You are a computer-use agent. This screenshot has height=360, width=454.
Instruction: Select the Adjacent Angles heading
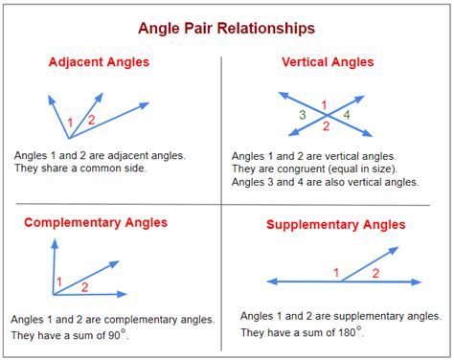[x=100, y=62]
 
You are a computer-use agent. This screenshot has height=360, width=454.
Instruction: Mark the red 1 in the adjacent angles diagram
[x=68, y=122]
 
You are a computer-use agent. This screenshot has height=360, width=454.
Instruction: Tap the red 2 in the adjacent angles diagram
[x=91, y=120]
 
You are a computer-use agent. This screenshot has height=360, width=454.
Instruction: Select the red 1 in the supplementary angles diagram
[x=336, y=273]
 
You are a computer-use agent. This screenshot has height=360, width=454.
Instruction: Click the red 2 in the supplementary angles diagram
[x=375, y=273]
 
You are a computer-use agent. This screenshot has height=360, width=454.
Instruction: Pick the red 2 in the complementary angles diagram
[x=84, y=286]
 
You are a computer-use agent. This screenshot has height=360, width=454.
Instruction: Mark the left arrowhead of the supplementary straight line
[x=269, y=282]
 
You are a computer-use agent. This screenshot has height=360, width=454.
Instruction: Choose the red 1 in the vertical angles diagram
[x=324, y=104]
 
